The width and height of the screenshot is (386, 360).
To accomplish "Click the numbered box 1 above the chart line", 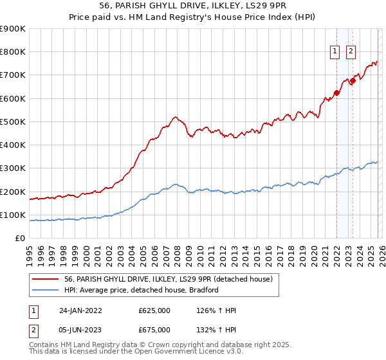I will pos(336,52).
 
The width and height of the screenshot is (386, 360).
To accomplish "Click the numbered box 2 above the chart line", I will pos(351,52).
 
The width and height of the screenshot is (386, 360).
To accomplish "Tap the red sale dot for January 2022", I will pos(336,93).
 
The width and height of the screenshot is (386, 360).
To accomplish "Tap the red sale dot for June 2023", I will pos(353,81).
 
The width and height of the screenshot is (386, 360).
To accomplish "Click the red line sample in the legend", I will pos(46,279).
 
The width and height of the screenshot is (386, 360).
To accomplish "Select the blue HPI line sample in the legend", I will pos(46,290).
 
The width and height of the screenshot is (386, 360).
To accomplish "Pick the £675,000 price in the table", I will pos(154,329).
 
